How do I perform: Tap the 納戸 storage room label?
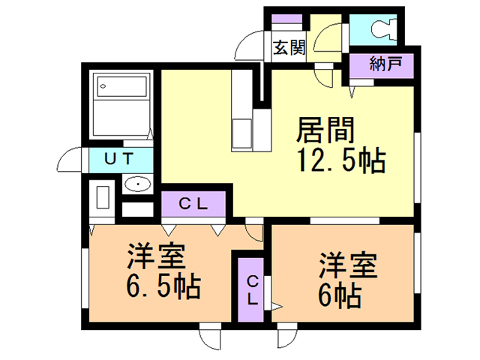(x=385, y=65)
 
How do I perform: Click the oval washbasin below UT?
(x=137, y=184)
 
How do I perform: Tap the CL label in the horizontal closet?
(x=193, y=202)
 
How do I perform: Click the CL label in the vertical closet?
(x=253, y=289)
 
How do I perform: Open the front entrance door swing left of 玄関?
(x=250, y=46)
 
